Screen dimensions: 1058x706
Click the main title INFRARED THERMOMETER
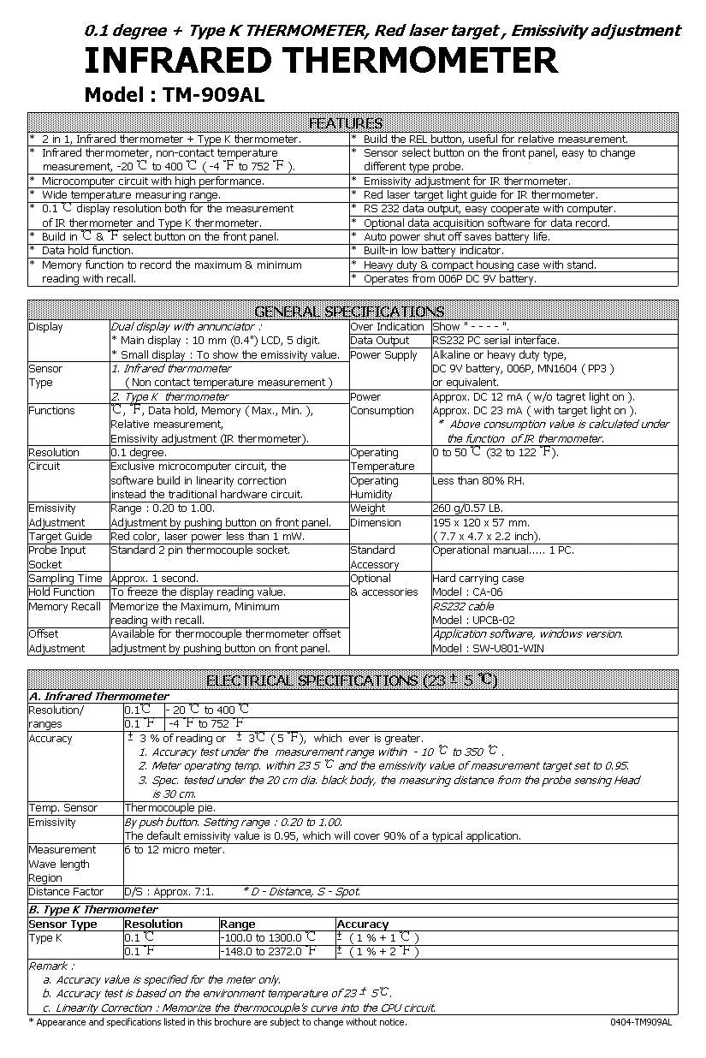point(320,62)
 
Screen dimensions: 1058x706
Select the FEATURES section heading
point(345,123)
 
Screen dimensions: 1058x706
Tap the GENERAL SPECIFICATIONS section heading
point(349,311)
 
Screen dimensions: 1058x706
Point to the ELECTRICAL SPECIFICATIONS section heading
point(351,681)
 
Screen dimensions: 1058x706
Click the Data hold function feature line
point(87,251)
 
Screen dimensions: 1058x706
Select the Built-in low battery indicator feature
point(433,251)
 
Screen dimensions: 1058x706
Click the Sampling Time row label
point(65,579)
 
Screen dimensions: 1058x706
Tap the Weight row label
point(368,508)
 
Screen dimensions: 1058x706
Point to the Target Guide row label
point(60,537)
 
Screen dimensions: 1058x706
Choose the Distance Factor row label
point(66,892)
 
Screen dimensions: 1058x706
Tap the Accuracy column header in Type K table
point(363,924)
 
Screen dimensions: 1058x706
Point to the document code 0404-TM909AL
point(641,1022)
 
